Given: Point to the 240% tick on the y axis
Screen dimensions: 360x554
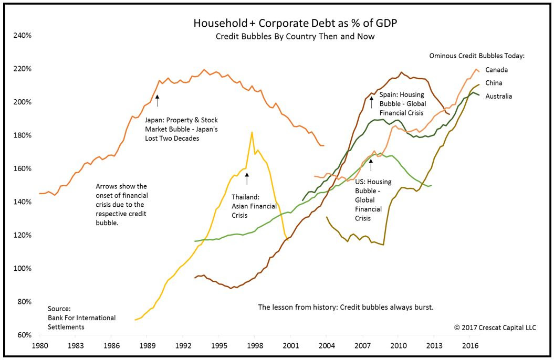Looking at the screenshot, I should tap(23, 36).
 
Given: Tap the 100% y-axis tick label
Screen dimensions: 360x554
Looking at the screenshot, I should tap(23, 269).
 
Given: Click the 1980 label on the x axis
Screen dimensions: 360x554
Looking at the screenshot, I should tap(40, 347).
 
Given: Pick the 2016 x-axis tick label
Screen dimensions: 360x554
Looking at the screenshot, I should tap(469, 347).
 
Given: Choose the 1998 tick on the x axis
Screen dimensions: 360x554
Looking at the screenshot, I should tap(254, 347).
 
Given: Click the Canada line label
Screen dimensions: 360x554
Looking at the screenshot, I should tap(496, 70).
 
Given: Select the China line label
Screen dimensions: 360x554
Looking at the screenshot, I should tap(494, 83).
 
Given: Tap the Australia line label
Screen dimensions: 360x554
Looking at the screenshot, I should tap(498, 96).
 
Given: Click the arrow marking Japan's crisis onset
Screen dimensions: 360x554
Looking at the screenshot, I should tap(157, 101).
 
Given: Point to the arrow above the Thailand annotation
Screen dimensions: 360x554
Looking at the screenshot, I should tap(246, 178).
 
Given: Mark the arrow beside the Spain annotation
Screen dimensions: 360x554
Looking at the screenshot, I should tap(371, 102).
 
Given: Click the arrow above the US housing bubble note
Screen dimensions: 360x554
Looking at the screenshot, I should tap(371, 165).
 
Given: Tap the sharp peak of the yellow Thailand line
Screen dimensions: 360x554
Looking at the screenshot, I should tap(252, 132).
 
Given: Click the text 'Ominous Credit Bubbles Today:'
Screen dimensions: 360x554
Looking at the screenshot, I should tap(477, 56).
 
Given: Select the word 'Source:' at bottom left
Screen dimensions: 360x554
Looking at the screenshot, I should tap(59, 309).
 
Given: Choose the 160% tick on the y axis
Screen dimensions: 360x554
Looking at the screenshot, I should tap(23, 169).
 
